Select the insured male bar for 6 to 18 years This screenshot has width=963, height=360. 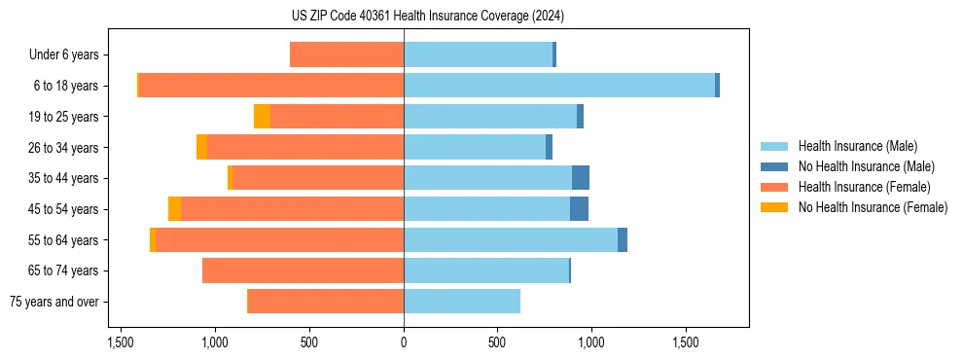click(559, 86)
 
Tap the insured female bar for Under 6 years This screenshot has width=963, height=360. click(346, 54)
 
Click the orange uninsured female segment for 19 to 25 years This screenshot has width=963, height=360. click(262, 117)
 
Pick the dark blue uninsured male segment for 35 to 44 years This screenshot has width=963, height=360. click(581, 178)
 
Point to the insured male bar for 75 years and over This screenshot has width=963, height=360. click(462, 302)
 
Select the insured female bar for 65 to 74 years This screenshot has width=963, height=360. click(303, 270)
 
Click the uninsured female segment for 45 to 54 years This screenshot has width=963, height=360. click(174, 209)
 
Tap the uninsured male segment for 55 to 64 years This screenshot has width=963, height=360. click(623, 239)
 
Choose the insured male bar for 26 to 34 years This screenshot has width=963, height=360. click(475, 147)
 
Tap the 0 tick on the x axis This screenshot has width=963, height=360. click(404, 343)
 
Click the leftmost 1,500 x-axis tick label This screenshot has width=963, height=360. click(121, 343)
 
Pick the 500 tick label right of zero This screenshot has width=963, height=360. click(497, 343)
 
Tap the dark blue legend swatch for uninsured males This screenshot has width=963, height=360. click(774, 166)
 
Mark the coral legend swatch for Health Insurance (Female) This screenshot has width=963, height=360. click(774, 187)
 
